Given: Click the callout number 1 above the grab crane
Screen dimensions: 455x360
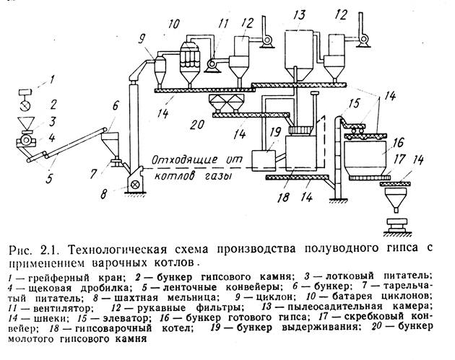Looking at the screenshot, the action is pyautogui.click(x=53, y=79).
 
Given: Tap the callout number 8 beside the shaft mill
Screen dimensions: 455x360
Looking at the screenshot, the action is pyautogui.click(x=104, y=194).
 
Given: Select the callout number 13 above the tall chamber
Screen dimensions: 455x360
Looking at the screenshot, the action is pyautogui.click(x=299, y=14).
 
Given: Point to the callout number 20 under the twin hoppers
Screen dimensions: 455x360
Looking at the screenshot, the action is pyautogui.click(x=197, y=124).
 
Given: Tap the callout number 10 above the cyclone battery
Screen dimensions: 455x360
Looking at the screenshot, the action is pyautogui.click(x=173, y=24).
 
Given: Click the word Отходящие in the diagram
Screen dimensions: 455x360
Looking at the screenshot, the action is pyautogui.click(x=185, y=160).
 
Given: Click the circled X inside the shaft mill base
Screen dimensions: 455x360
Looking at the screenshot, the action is pyautogui.click(x=135, y=185).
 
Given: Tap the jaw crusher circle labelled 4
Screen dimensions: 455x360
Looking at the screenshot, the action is pyautogui.click(x=26, y=140).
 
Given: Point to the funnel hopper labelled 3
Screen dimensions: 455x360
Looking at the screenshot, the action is pyautogui.click(x=26, y=123).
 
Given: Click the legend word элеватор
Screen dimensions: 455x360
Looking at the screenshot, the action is pyautogui.click(x=126, y=318).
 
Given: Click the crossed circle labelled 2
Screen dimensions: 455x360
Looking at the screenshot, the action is pyautogui.click(x=25, y=105).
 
